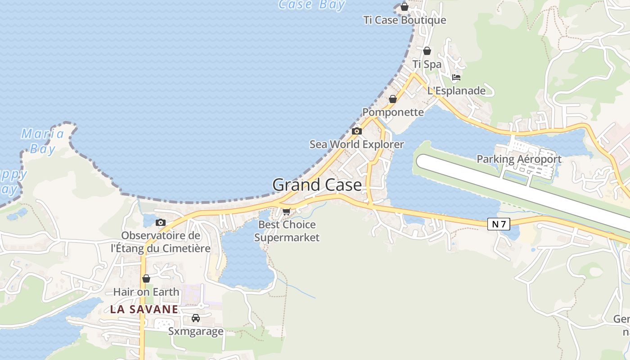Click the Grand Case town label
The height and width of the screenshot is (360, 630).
[317, 185]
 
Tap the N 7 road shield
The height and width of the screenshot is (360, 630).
[499, 224]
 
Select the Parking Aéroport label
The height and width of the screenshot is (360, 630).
[519, 159]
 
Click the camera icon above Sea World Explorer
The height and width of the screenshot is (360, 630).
[357, 131]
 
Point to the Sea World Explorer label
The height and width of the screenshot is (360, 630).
[357, 144]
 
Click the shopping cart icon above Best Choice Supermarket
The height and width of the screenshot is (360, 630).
[286, 211]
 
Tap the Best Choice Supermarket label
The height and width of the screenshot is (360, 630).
[287, 231]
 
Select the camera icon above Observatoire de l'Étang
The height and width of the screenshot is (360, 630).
[160, 222]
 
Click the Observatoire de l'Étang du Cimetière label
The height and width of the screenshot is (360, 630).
[161, 242]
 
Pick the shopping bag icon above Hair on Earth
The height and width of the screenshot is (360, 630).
[146, 279]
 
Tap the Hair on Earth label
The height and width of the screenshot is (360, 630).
[146, 292]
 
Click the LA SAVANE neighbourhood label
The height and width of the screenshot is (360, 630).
[144, 309]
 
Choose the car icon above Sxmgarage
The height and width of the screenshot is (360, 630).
[196, 318]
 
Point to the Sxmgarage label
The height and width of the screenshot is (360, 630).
[196, 332]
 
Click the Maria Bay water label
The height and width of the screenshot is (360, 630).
[43, 141]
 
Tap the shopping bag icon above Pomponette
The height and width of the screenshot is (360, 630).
[393, 99]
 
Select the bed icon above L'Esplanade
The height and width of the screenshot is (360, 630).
[456, 77]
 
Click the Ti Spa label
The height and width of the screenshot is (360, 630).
[427, 64]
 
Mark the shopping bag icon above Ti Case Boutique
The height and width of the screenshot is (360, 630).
[405, 7]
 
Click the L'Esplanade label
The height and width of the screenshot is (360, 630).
[456, 90]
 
